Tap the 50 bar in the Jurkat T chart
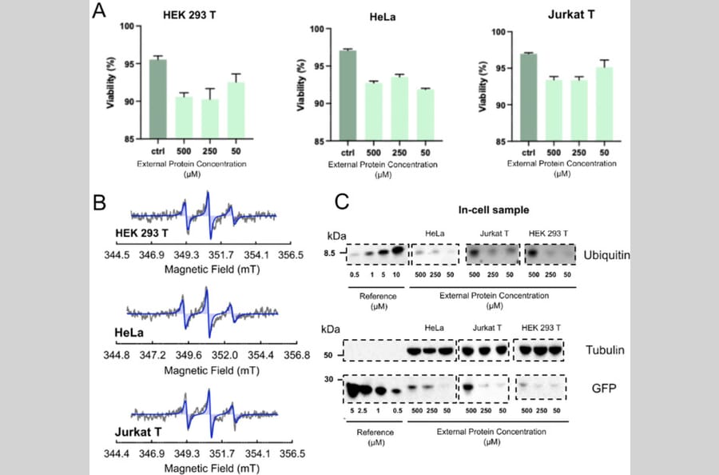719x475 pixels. tap(603, 104)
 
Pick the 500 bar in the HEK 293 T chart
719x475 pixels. tap(184, 118)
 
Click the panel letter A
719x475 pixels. tap(100, 12)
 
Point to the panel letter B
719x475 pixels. tap(100, 202)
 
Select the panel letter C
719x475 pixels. tap(342, 202)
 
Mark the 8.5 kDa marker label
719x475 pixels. tap(328, 253)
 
